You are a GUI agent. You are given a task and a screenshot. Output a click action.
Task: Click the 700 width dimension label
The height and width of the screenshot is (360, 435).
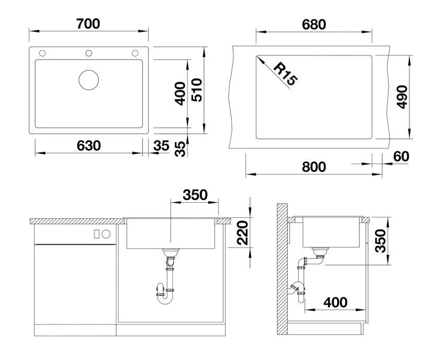(x=88, y=24)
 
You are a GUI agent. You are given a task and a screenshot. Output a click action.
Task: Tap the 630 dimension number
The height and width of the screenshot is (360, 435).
(x=88, y=146)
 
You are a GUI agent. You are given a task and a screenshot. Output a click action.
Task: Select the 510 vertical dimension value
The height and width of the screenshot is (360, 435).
(x=197, y=94)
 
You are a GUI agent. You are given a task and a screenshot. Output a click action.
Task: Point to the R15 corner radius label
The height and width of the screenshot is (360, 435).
(x=285, y=74)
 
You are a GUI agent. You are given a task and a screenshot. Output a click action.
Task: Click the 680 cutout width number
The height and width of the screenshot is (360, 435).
(x=314, y=25)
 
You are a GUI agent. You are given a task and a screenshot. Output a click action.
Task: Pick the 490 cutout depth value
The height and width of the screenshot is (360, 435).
(x=402, y=97)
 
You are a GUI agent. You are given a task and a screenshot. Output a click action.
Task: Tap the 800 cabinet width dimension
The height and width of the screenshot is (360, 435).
(x=314, y=167)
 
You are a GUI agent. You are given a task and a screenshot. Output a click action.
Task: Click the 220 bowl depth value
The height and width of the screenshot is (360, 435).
(x=241, y=233)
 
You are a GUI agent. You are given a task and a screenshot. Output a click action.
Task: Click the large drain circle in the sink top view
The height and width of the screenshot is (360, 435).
(x=89, y=79)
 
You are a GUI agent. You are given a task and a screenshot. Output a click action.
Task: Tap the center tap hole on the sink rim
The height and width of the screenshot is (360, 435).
(x=89, y=53)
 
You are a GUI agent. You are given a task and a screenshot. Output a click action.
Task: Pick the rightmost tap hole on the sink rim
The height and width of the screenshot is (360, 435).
(x=135, y=53)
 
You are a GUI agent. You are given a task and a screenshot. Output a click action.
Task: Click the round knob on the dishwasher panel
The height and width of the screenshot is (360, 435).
(x=106, y=234)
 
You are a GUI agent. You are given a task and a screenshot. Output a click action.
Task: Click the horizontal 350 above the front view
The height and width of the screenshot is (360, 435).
(x=195, y=195)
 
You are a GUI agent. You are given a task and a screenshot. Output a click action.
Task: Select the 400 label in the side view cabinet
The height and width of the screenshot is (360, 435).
(x=335, y=302)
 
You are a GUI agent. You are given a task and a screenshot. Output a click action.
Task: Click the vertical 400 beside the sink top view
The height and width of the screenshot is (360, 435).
(x=181, y=94)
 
